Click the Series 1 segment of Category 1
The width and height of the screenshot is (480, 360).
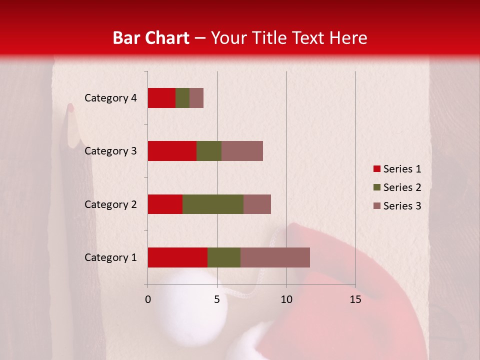tap(177, 257)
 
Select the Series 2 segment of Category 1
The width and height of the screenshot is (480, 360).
tap(223, 257)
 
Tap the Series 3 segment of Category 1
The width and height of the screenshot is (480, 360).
tap(275, 257)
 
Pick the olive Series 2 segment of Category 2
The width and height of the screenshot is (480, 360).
tap(212, 204)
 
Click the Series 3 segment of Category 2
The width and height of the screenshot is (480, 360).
tap(257, 204)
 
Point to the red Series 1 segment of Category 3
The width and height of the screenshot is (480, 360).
tap(171, 151)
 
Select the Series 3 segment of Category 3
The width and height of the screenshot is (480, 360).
tap(242, 151)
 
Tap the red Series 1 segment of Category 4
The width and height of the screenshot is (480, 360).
tap(161, 98)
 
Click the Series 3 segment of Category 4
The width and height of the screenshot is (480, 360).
tap(196, 98)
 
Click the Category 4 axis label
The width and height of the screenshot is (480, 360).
tap(110, 98)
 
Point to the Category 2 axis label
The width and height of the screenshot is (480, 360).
tap(110, 204)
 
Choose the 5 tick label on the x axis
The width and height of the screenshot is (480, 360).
tap(217, 299)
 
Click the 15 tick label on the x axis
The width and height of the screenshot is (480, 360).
tap(355, 299)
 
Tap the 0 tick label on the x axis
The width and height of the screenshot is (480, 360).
tap(147, 299)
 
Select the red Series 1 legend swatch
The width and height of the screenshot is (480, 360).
tap(376, 169)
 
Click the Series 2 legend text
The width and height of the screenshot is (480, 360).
tap(402, 187)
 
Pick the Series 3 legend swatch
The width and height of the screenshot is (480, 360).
tap(376, 206)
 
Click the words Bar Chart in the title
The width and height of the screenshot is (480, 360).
tap(150, 37)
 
